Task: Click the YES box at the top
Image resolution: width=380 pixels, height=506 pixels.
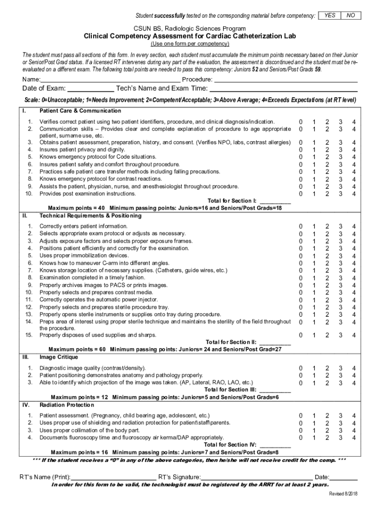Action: tap(330, 16)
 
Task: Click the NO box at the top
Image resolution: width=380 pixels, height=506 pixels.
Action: tap(351, 16)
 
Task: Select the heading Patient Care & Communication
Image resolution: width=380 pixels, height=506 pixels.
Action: tap(80, 111)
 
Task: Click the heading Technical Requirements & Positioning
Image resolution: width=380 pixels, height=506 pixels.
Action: tap(90, 215)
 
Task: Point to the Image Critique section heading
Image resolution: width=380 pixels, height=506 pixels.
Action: tap(58, 357)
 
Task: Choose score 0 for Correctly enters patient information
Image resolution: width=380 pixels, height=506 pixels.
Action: tap(300, 226)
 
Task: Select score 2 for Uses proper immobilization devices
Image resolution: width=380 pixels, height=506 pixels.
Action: tap(327, 255)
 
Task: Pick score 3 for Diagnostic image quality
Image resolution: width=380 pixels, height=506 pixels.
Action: tap(340, 368)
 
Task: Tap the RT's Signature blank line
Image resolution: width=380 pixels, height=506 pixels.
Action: tap(257, 478)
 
